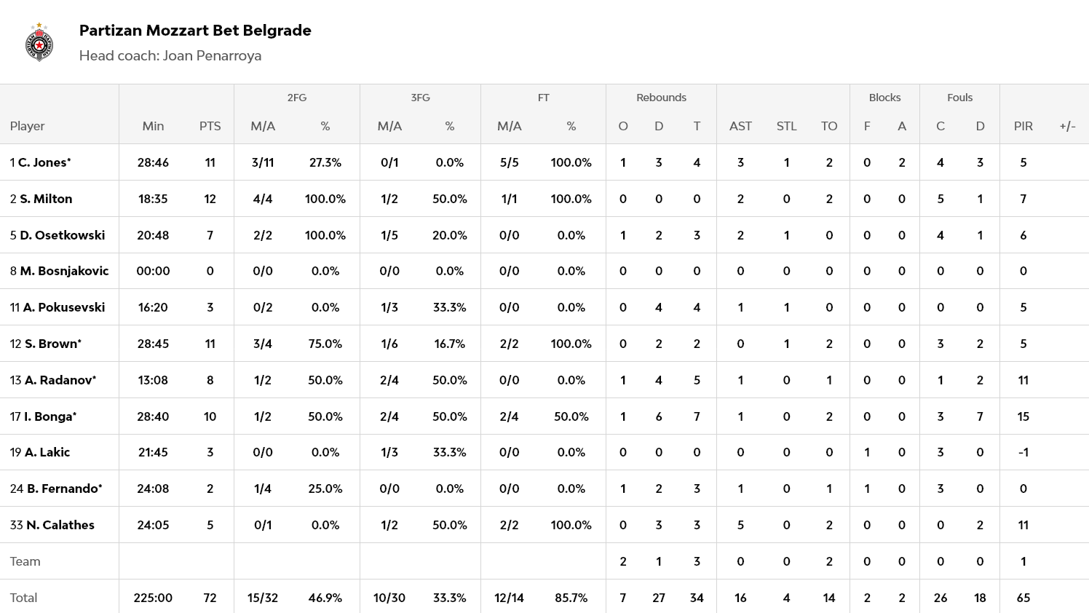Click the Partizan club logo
pos(39,42)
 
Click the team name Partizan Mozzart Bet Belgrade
pos(195,31)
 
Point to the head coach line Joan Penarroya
pos(170,56)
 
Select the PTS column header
pos(210,126)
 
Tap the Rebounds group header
pos(661,98)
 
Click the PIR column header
pos(1023,126)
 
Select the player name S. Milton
pos(46,199)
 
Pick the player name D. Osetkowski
pos(62,235)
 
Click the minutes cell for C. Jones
pos(153,162)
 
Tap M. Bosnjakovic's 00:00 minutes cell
pos(153,271)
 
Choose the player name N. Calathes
pos(60,525)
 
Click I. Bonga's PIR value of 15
pos(1023,416)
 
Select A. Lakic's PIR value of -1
pos(1023,452)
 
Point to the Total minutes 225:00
pos(153,598)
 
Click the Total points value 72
pos(210,598)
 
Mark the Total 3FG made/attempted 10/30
pos(389,598)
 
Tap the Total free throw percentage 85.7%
pos(571,598)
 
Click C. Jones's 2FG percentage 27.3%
pos(325,162)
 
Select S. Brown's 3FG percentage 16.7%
pos(449,344)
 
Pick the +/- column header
pos(1067,126)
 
